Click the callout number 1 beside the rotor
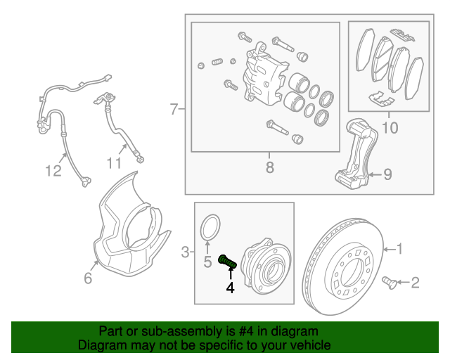point(399,248)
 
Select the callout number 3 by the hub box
point(185,251)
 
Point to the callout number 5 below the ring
point(207,264)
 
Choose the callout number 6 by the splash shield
point(88,278)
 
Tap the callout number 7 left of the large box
point(174,109)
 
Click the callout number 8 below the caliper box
point(269,167)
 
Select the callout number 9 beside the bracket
point(387,175)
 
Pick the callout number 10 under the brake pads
point(389,128)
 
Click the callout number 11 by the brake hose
point(114,164)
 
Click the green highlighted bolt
point(227,262)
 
